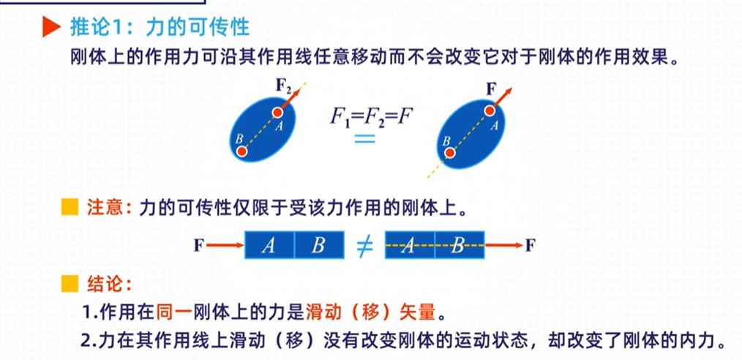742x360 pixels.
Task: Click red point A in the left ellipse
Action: pyautogui.click(x=277, y=112)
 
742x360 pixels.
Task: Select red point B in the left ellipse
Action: pyautogui.click(x=241, y=151)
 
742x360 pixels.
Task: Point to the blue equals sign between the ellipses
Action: pyautogui.click(x=364, y=139)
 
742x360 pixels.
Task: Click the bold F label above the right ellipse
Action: pyautogui.click(x=491, y=89)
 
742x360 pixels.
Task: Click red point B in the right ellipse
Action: pyautogui.click(x=450, y=153)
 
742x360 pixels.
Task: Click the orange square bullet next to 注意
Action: pyautogui.click(x=69, y=208)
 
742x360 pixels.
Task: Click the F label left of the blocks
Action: pyautogui.click(x=198, y=245)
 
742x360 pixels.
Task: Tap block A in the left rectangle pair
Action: pyautogui.click(x=269, y=245)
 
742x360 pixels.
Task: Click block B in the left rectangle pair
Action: pyautogui.click(x=318, y=245)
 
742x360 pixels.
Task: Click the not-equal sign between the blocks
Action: pyautogui.click(x=364, y=246)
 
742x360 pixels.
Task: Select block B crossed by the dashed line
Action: pyautogui.click(x=459, y=246)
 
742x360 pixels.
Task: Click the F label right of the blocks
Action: pyautogui.click(x=530, y=245)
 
